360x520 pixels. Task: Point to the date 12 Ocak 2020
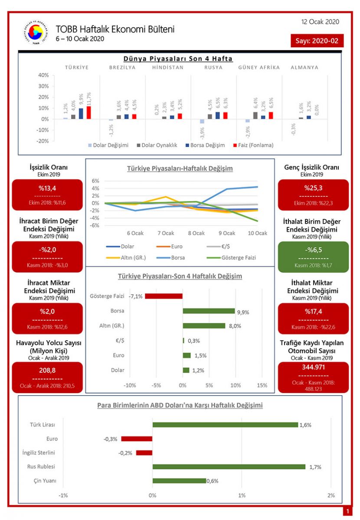(x=320, y=22)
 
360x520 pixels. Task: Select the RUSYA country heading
(x=213, y=68)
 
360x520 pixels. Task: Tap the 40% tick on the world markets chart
(x=43, y=75)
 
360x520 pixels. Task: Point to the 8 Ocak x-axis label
(x=196, y=233)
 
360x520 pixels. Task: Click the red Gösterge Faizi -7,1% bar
(x=164, y=296)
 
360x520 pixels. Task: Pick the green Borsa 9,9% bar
(x=209, y=311)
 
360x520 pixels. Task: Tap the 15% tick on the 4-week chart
(x=262, y=385)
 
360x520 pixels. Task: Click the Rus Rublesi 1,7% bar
(x=229, y=467)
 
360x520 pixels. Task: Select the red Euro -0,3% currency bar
(x=137, y=439)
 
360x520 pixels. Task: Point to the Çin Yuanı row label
(x=45, y=481)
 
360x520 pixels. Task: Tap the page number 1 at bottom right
(x=347, y=512)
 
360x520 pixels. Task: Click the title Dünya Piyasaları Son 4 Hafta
(x=178, y=58)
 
